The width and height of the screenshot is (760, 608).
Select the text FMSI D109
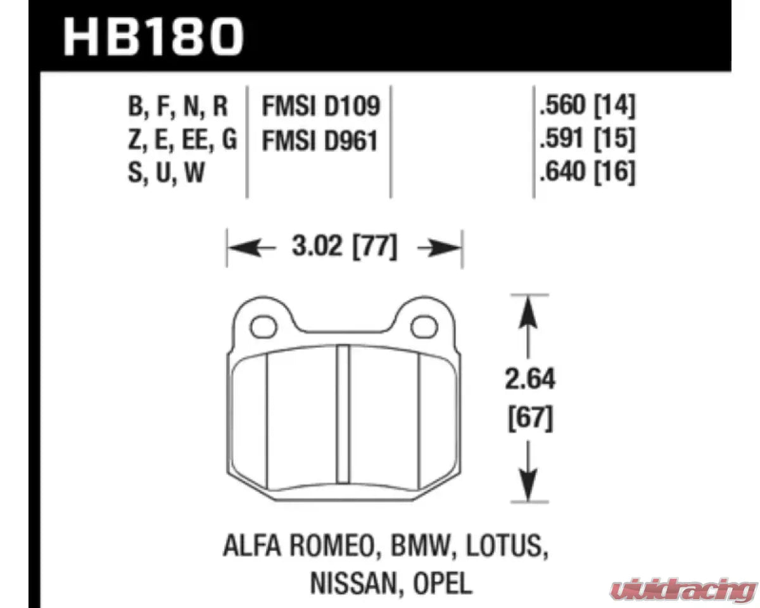tap(320, 107)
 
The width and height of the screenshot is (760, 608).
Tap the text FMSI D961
tap(320, 140)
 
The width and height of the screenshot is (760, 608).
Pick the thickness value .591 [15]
tap(585, 140)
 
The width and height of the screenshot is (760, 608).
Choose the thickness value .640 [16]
tap(585, 172)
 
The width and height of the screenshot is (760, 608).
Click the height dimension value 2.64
tap(531, 381)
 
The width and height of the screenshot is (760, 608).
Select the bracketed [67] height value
tap(531, 419)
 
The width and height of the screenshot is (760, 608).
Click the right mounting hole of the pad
tap(421, 327)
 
